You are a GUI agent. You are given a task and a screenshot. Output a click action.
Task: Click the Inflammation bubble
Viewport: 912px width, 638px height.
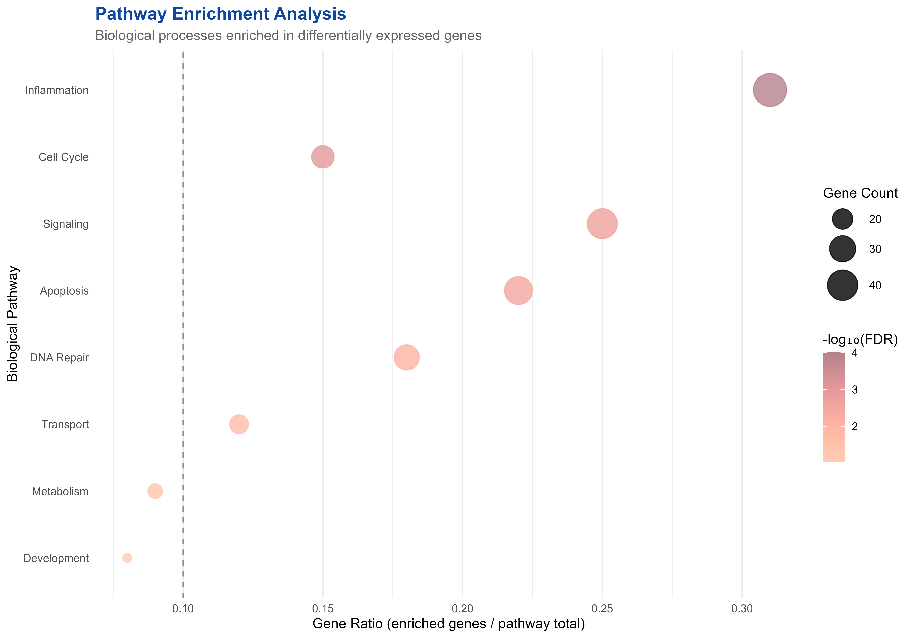tap(770, 90)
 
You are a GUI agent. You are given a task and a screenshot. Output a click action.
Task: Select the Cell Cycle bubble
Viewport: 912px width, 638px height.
tap(323, 157)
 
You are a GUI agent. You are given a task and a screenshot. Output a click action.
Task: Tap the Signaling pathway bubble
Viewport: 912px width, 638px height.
tap(602, 223)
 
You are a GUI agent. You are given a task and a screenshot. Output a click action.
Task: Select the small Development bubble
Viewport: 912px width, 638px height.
tap(127, 558)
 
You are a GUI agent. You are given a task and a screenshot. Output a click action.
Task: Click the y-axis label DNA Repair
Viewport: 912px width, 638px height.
tap(60, 358)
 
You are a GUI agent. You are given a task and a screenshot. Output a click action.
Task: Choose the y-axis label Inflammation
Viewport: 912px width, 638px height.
tap(57, 91)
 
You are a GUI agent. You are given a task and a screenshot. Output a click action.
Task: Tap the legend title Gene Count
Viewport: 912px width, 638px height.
tap(860, 193)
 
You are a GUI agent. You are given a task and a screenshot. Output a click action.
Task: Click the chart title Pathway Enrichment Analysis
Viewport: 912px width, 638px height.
tap(220, 14)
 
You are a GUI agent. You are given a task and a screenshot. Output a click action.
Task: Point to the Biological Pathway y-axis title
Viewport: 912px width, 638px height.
tap(13, 324)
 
